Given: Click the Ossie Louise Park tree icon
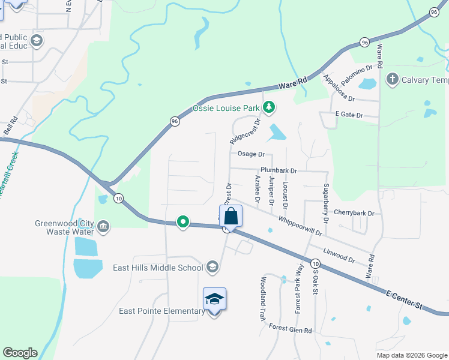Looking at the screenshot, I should (x=270, y=108).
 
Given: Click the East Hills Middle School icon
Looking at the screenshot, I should (x=212, y=266).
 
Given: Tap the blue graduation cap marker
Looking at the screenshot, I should (x=214, y=298).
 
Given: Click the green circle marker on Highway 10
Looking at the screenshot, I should (x=183, y=223).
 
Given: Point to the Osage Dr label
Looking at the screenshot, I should (x=251, y=154).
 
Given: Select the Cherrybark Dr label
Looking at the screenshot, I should (x=354, y=213).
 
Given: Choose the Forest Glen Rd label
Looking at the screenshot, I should (x=291, y=330).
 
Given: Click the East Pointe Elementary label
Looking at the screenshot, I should (x=162, y=311).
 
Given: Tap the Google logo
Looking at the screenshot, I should (x=20, y=353).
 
